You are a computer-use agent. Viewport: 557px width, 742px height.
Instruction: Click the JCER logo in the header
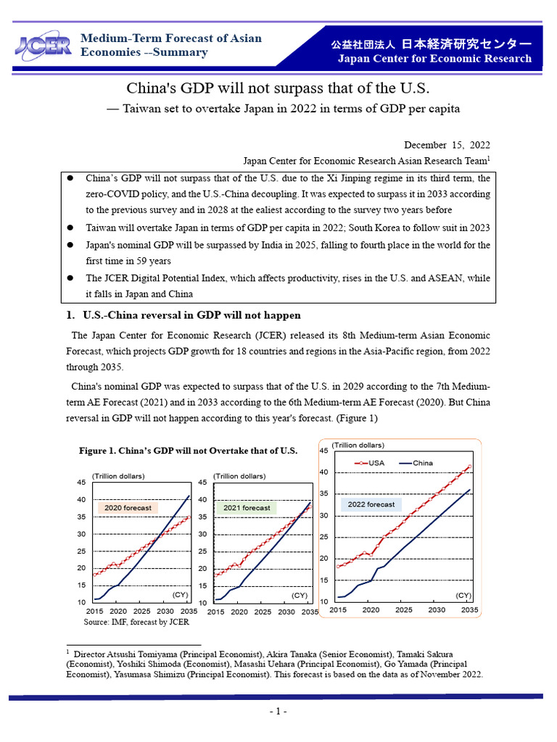[x=42, y=45]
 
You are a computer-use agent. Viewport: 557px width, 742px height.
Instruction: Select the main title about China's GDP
[x=278, y=88]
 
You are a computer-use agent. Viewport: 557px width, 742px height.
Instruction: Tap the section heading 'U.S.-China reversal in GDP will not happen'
[x=191, y=315]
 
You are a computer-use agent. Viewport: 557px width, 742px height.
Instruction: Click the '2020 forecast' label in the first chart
[x=128, y=508]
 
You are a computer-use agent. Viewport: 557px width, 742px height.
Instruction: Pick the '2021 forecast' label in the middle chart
[x=247, y=508]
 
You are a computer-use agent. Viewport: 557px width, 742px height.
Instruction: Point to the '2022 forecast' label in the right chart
[x=371, y=504]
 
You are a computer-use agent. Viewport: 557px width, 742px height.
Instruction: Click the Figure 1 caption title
[x=188, y=450]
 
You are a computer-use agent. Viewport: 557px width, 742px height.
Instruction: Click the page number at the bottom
[x=278, y=712]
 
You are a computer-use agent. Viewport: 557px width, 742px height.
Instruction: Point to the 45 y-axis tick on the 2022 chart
[x=323, y=451]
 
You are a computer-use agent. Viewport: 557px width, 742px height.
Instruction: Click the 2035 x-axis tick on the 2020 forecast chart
[x=187, y=612]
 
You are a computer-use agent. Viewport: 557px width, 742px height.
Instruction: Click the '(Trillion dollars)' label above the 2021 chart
[x=239, y=476]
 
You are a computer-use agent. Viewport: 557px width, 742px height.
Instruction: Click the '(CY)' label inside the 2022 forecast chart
[x=463, y=595]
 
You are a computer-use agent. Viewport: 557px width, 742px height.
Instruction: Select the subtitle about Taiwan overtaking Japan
[x=278, y=109]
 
